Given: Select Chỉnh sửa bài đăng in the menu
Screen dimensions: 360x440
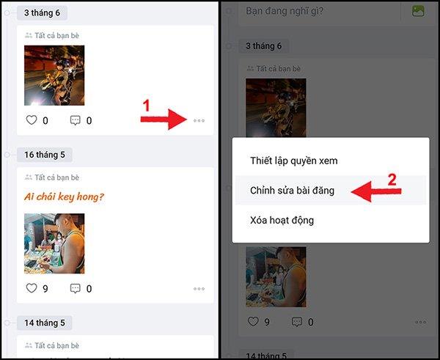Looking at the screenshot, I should coord(292,191).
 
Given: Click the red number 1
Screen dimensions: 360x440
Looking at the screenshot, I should coord(146,106).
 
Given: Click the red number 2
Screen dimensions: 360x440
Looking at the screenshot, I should coord(392,179).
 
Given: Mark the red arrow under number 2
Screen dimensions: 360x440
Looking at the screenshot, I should coord(374,192).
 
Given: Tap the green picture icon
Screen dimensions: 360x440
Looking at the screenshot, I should coord(419,11).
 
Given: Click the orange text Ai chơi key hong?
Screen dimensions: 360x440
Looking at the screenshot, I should coord(64,196).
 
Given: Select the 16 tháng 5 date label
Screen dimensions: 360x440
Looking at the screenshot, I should coord(45,155).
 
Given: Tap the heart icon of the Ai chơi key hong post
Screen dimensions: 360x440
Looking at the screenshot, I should coord(31,288).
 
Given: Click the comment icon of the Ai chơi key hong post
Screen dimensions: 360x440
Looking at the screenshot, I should coord(76,288).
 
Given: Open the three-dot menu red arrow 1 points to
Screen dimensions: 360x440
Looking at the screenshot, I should coord(199,120).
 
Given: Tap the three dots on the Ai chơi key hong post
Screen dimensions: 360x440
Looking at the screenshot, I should coord(199,289).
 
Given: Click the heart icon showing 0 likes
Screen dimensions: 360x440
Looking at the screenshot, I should coord(31,120).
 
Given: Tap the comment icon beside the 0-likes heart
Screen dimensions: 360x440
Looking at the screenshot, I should coord(76,120).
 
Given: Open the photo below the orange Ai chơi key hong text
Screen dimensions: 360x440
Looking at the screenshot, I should coord(54,243).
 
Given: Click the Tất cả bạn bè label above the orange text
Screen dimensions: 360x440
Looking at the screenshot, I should coord(56,177).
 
